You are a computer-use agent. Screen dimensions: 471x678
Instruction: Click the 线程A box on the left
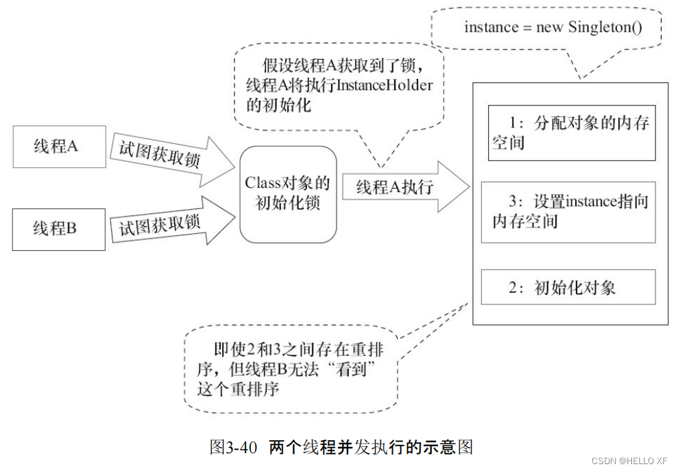pyautogui.click(x=60, y=147)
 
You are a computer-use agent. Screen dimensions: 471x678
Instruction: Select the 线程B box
pyautogui.click(x=60, y=229)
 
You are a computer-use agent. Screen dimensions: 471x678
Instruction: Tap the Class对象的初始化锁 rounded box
pyautogui.click(x=288, y=194)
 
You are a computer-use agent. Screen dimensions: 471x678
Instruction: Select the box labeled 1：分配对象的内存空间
pyautogui.click(x=571, y=133)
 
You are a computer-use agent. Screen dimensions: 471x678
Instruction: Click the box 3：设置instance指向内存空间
pyautogui.click(x=568, y=211)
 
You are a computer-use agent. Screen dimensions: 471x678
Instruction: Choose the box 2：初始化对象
pyautogui.click(x=568, y=287)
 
